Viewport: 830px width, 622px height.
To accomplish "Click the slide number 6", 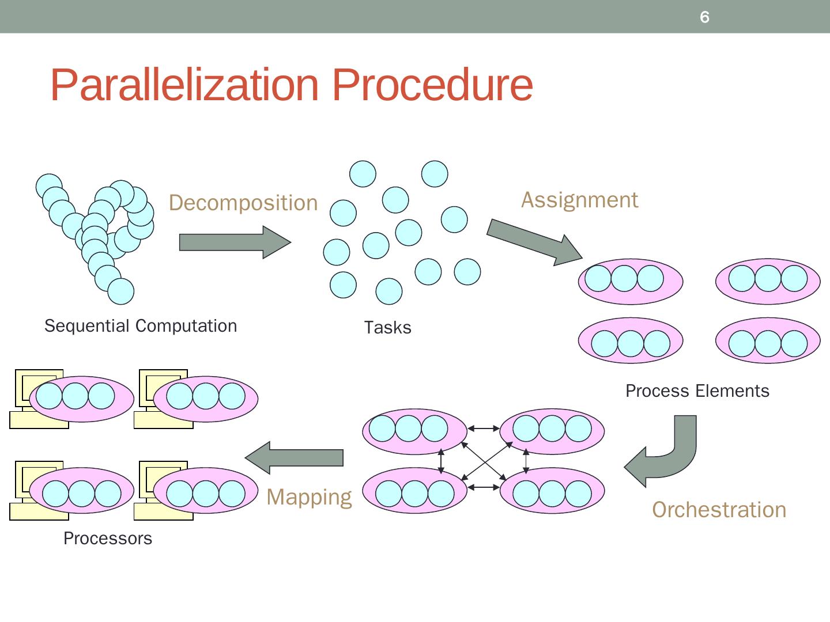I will [x=704, y=17].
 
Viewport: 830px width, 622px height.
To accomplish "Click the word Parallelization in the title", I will [x=184, y=85].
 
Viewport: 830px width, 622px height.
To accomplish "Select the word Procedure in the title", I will [x=432, y=85].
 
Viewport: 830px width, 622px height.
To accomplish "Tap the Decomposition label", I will [x=243, y=203].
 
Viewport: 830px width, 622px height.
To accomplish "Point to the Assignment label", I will [x=579, y=200].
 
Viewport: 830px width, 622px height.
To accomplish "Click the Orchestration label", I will [x=719, y=510].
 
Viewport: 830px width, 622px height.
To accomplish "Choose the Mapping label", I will [x=309, y=497].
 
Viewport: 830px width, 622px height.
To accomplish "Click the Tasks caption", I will [x=387, y=328].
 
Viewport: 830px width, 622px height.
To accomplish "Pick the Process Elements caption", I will [x=697, y=391].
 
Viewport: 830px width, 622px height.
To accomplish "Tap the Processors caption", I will [x=108, y=538].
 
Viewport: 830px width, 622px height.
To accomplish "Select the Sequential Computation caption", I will [x=141, y=326].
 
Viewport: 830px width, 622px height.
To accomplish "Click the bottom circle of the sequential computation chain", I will [x=120, y=291].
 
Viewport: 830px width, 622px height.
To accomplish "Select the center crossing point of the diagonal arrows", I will [x=484, y=460].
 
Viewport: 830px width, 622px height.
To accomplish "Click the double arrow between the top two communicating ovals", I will [x=484, y=428].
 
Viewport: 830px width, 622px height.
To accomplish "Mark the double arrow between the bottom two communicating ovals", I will [x=484, y=487].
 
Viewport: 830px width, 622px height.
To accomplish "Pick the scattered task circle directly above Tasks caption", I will [x=389, y=291].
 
